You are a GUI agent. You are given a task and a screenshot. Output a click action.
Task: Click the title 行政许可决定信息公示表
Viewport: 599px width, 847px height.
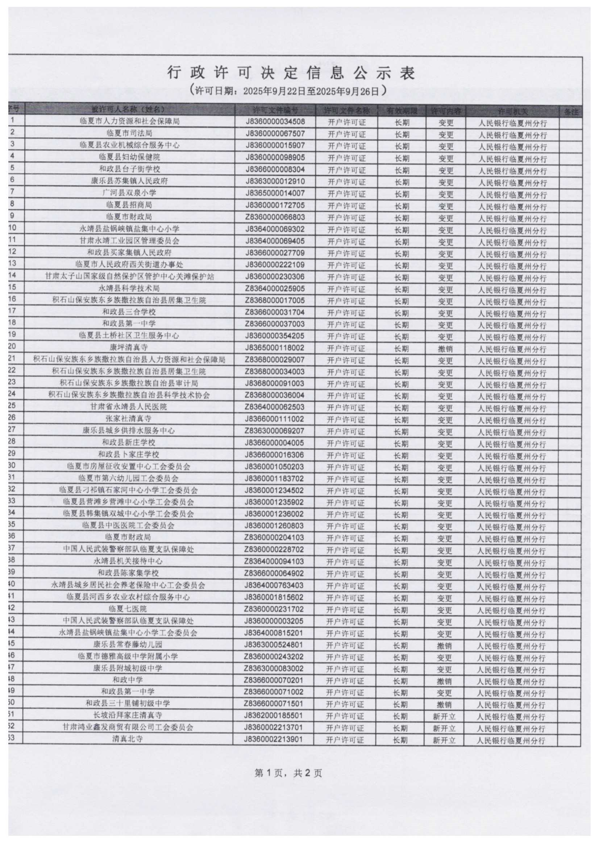(x=291, y=73)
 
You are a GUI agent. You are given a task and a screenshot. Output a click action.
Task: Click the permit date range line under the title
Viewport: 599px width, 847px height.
(x=288, y=90)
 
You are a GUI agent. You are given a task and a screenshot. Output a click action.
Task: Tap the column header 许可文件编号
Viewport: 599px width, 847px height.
(x=275, y=110)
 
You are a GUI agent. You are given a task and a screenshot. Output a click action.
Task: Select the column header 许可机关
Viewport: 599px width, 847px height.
(x=513, y=111)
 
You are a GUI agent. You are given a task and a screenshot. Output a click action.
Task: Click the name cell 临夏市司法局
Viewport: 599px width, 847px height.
(x=129, y=133)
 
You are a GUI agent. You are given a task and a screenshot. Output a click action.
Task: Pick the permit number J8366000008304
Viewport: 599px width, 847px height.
(x=275, y=169)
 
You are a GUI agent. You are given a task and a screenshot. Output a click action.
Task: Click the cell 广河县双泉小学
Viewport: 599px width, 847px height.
(x=129, y=193)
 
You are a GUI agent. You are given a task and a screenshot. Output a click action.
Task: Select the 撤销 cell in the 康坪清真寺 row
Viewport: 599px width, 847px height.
(x=445, y=349)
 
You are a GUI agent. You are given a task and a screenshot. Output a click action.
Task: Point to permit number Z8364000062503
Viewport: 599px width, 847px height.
(x=275, y=407)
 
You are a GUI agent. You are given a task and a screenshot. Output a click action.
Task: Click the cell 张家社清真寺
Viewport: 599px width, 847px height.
(x=128, y=419)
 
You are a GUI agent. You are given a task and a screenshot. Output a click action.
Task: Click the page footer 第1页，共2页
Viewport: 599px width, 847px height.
(x=288, y=773)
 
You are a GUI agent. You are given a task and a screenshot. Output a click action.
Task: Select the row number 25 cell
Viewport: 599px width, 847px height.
(x=13, y=406)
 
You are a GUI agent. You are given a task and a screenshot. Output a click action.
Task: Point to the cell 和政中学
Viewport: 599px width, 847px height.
(x=127, y=680)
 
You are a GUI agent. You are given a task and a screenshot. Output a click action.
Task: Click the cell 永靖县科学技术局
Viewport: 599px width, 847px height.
(x=129, y=288)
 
